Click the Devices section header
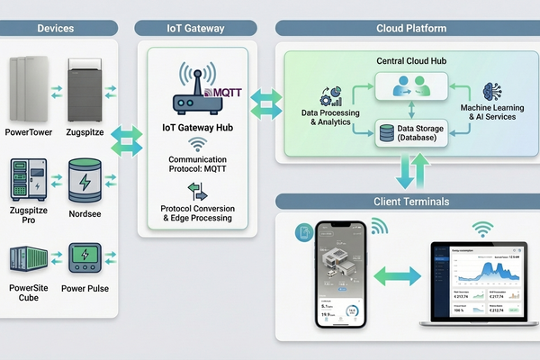(x=56, y=29)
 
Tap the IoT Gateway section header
(x=197, y=29)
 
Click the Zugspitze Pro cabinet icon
(x=28, y=181)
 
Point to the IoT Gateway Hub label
(x=196, y=127)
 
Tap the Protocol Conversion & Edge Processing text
(x=196, y=213)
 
